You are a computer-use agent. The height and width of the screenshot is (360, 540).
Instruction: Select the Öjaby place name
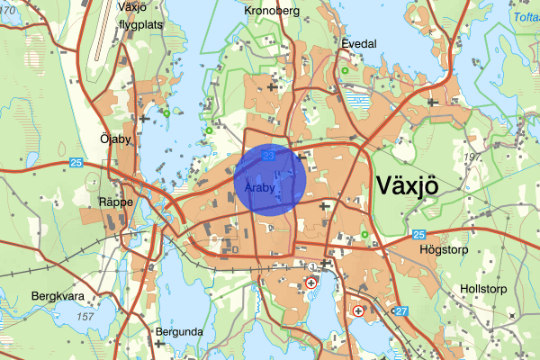point(116,139)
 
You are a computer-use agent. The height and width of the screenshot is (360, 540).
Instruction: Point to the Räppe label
point(117,202)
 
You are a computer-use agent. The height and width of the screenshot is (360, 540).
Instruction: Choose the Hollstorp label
point(483,289)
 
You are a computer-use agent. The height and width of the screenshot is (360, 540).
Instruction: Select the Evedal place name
point(357,42)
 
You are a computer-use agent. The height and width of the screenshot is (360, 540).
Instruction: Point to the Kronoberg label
point(271,11)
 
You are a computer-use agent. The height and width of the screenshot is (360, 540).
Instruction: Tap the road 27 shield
point(401,311)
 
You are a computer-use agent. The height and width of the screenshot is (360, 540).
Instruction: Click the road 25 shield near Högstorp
point(418,235)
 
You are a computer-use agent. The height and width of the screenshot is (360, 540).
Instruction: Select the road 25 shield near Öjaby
point(76,162)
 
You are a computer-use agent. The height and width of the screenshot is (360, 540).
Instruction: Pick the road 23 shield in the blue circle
point(269,156)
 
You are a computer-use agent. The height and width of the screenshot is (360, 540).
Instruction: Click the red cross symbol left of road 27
point(359,311)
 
